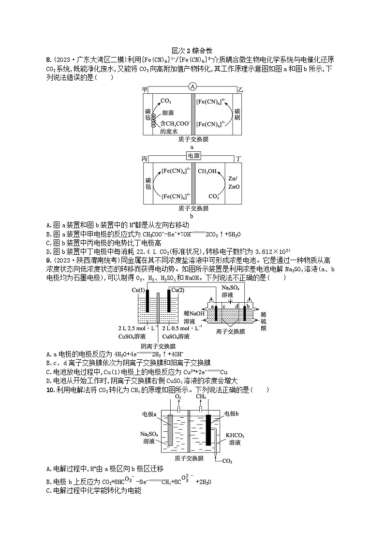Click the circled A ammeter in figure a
[x=192, y=87]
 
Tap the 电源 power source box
[x=192, y=155]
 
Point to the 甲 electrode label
[x=145, y=89]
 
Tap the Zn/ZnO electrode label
[x=232, y=182]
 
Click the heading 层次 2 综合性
[x=192, y=50]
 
